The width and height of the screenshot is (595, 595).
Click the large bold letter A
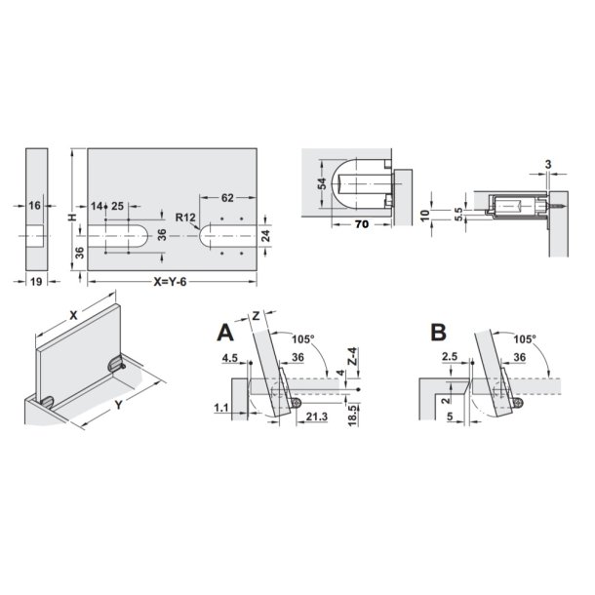(x=225, y=334)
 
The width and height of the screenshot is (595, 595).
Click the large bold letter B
(x=439, y=333)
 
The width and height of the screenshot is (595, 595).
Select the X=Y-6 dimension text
(x=170, y=282)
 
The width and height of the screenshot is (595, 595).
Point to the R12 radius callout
(x=185, y=218)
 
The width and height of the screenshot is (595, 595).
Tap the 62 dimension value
(x=227, y=198)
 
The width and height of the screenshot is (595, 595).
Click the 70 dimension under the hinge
(x=362, y=224)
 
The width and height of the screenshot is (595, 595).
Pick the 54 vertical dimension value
(x=322, y=183)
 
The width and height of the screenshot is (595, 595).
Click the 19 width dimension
(x=36, y=282)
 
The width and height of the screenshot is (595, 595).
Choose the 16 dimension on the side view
(x=34, y=206)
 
